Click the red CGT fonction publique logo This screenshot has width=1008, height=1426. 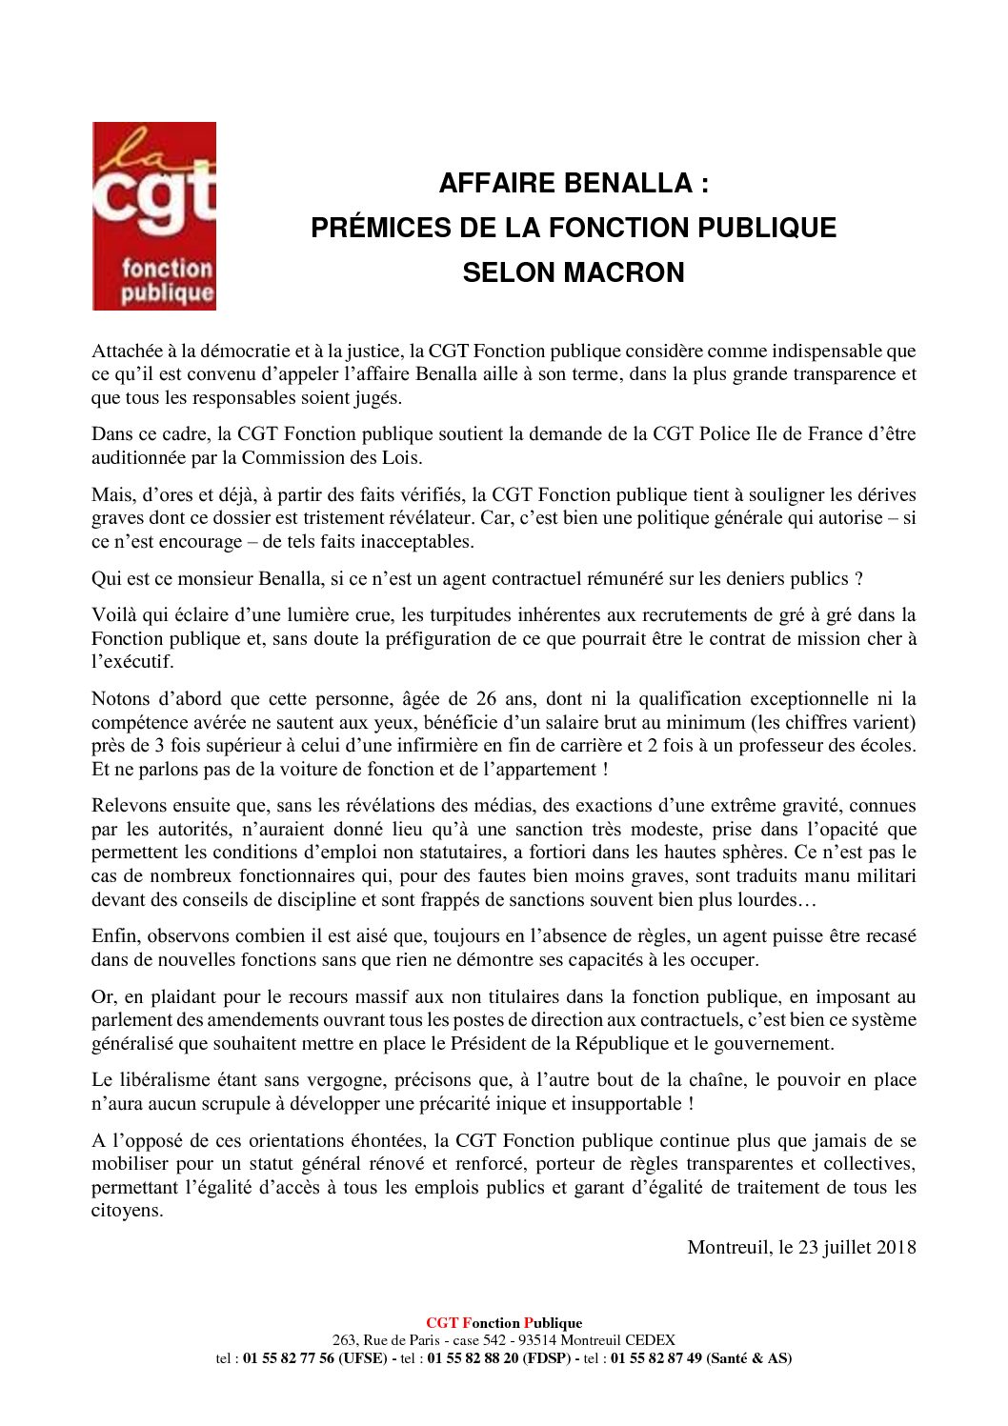pos(154,215)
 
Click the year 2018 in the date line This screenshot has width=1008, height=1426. pos(896,1247)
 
